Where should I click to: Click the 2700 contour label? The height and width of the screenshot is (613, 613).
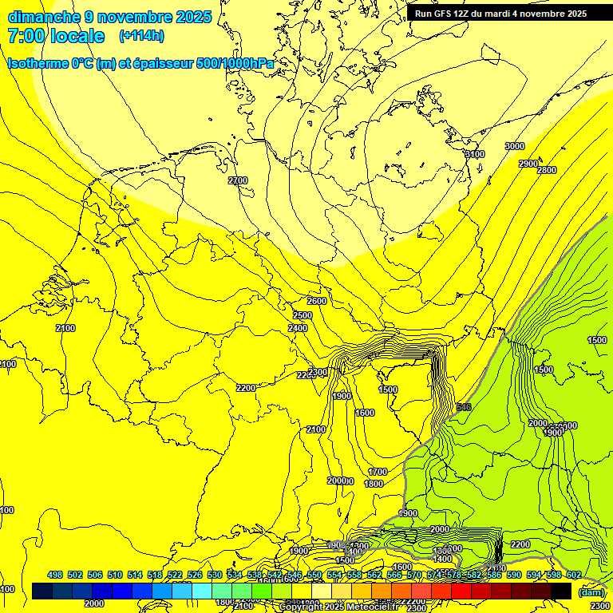[238, 180]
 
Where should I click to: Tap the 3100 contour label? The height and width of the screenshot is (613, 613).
[474, 155]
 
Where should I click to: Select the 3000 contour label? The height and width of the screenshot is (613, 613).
[515, 146]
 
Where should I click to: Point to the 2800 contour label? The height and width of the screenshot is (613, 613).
[547, 170]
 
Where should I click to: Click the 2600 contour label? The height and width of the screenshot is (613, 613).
[317, 301]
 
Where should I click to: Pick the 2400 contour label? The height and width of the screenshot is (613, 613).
[298, 328]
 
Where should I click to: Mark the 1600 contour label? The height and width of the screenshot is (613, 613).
[365, 413]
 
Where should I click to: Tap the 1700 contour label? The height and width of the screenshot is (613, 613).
[378, 472]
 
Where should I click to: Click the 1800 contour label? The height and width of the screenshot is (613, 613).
[373, 484]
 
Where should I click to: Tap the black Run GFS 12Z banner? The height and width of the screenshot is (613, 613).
[500, 14]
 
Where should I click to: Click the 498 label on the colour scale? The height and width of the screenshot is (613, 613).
[55, 575]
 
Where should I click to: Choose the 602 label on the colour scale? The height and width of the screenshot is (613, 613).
[573, 575]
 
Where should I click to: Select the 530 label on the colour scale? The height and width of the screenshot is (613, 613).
[215, 575]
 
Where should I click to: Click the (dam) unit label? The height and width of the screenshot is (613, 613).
[591, 591]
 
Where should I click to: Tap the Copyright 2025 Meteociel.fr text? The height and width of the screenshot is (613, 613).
[342, 607]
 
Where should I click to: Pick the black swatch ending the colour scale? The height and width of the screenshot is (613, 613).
[561, 591]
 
